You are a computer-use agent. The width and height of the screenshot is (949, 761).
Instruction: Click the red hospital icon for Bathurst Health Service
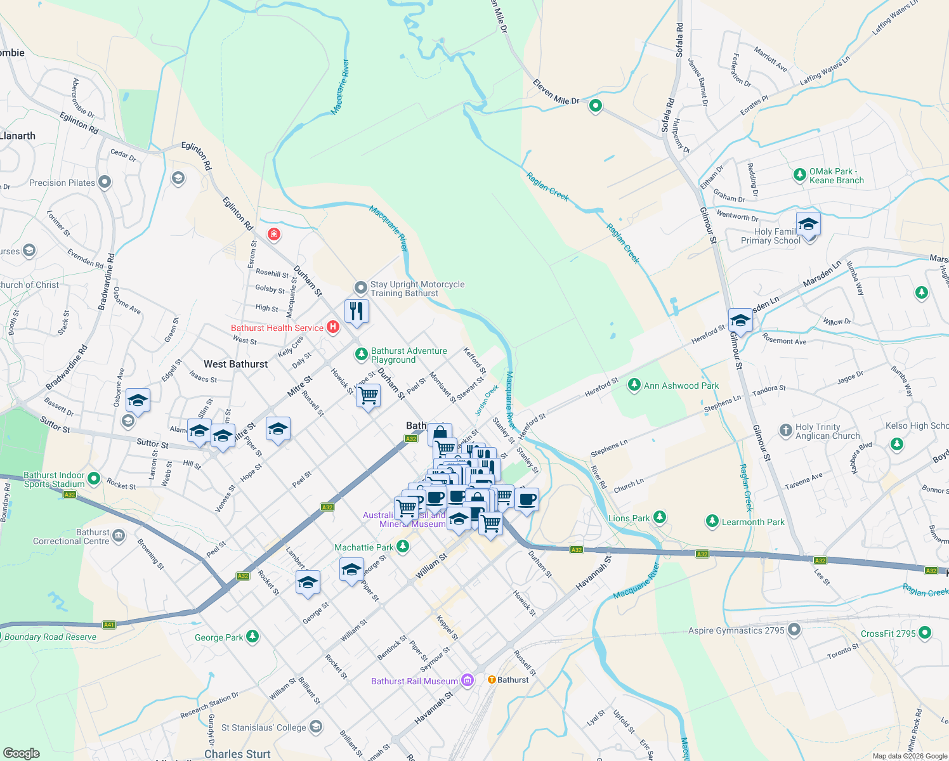point(333,327)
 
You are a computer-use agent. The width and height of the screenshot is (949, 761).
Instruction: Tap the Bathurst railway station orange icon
point(492,679)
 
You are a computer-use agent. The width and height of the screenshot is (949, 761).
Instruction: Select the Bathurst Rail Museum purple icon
point(468,680)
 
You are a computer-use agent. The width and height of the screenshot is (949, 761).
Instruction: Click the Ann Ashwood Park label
point(681,386)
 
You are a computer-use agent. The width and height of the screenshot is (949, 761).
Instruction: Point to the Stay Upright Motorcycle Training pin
point(360,288)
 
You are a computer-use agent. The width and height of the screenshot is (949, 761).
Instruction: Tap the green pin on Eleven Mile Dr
point(595,105)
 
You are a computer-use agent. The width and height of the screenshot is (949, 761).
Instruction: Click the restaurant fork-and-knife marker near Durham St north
point(357,311)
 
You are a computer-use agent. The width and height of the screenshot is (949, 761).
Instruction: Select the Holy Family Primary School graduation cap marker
point(808,224)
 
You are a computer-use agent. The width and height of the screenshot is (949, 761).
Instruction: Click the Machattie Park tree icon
point(403,547)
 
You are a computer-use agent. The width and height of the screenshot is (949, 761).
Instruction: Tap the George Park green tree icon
point(252,636)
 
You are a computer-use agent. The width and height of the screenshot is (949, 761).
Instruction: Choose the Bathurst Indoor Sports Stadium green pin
point(94,478)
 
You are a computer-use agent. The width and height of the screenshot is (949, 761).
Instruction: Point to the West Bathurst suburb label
point(235,364)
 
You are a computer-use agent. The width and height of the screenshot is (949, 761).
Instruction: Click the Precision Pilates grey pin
point(105,183)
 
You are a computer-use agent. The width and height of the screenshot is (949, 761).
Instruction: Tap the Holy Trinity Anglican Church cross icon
point(786,431)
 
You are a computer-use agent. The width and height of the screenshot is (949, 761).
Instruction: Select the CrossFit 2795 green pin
point(925,632)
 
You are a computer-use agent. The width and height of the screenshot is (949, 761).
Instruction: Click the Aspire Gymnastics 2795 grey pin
point(794,630)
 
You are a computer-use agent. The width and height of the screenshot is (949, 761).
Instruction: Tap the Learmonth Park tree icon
point(712,522)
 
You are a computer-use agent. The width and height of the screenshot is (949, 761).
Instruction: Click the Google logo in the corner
point(21,753)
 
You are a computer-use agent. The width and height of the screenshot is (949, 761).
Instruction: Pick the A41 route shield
point(109,625)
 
